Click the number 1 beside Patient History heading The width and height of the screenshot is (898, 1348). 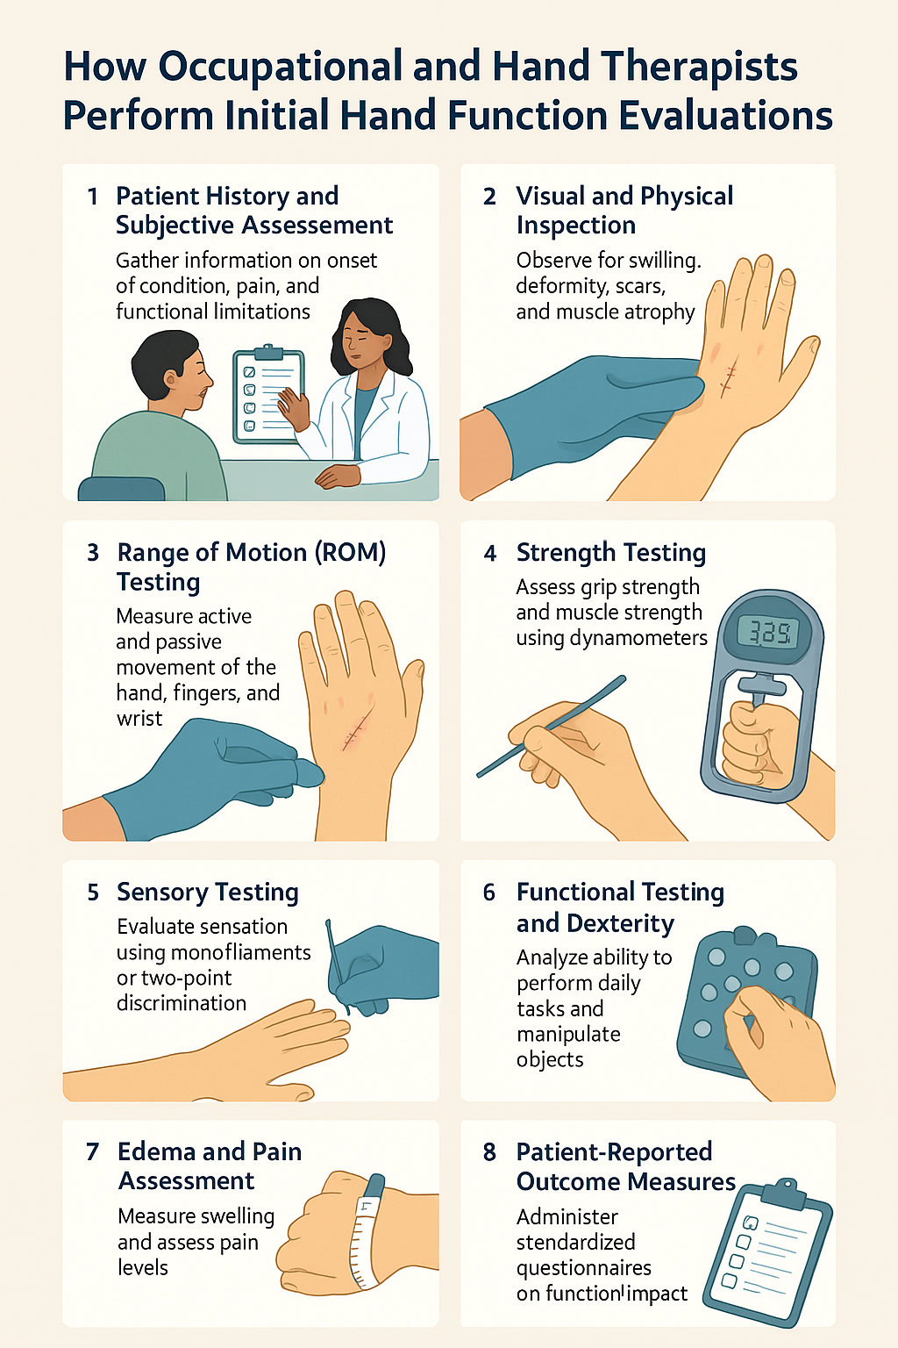pos(92,197)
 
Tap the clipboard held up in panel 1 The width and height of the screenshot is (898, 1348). pos(267,397)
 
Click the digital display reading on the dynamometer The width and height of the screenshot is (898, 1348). pos(768,632)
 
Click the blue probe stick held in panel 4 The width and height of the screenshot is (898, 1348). pos(552,726)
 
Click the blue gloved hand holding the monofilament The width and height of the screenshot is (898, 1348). pos(386,965)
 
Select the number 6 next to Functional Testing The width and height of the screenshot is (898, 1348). pos(489,893)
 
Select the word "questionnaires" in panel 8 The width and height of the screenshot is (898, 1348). pos(583,1268)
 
